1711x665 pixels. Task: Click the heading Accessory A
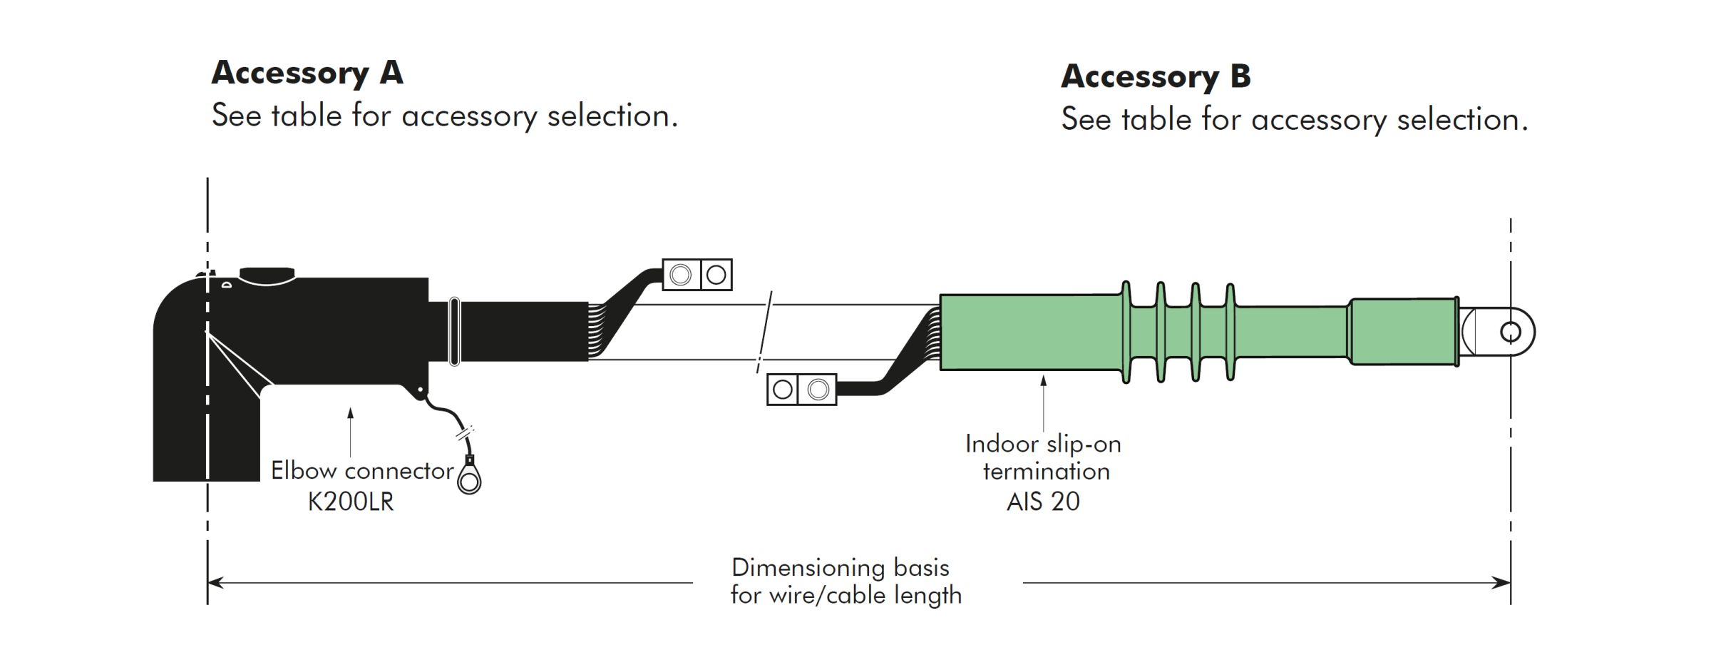click(307, 73)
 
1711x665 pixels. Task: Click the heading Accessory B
click(1155, 77)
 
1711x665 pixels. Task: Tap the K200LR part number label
click(350, 502)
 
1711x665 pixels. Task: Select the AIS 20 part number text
click(1042, 502)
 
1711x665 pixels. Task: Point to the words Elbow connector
click(362, 471)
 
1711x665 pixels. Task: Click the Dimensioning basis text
click(840, 568)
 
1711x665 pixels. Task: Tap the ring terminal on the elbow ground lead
click(469, 481)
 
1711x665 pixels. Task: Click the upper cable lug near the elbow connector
click(697, 275)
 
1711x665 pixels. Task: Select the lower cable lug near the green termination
click(801, 390)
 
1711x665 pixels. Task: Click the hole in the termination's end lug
click(1510, 332)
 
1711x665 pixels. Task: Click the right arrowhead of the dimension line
click(1502, 583)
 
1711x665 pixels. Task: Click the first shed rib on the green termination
click(1126, 332)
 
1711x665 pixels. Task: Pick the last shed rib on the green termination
click(1230, 332)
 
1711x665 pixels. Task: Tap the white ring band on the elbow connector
click(454, 332)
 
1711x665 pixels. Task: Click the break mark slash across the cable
click(764, 332)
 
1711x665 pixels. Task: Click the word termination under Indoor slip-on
click(1046, 472)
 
